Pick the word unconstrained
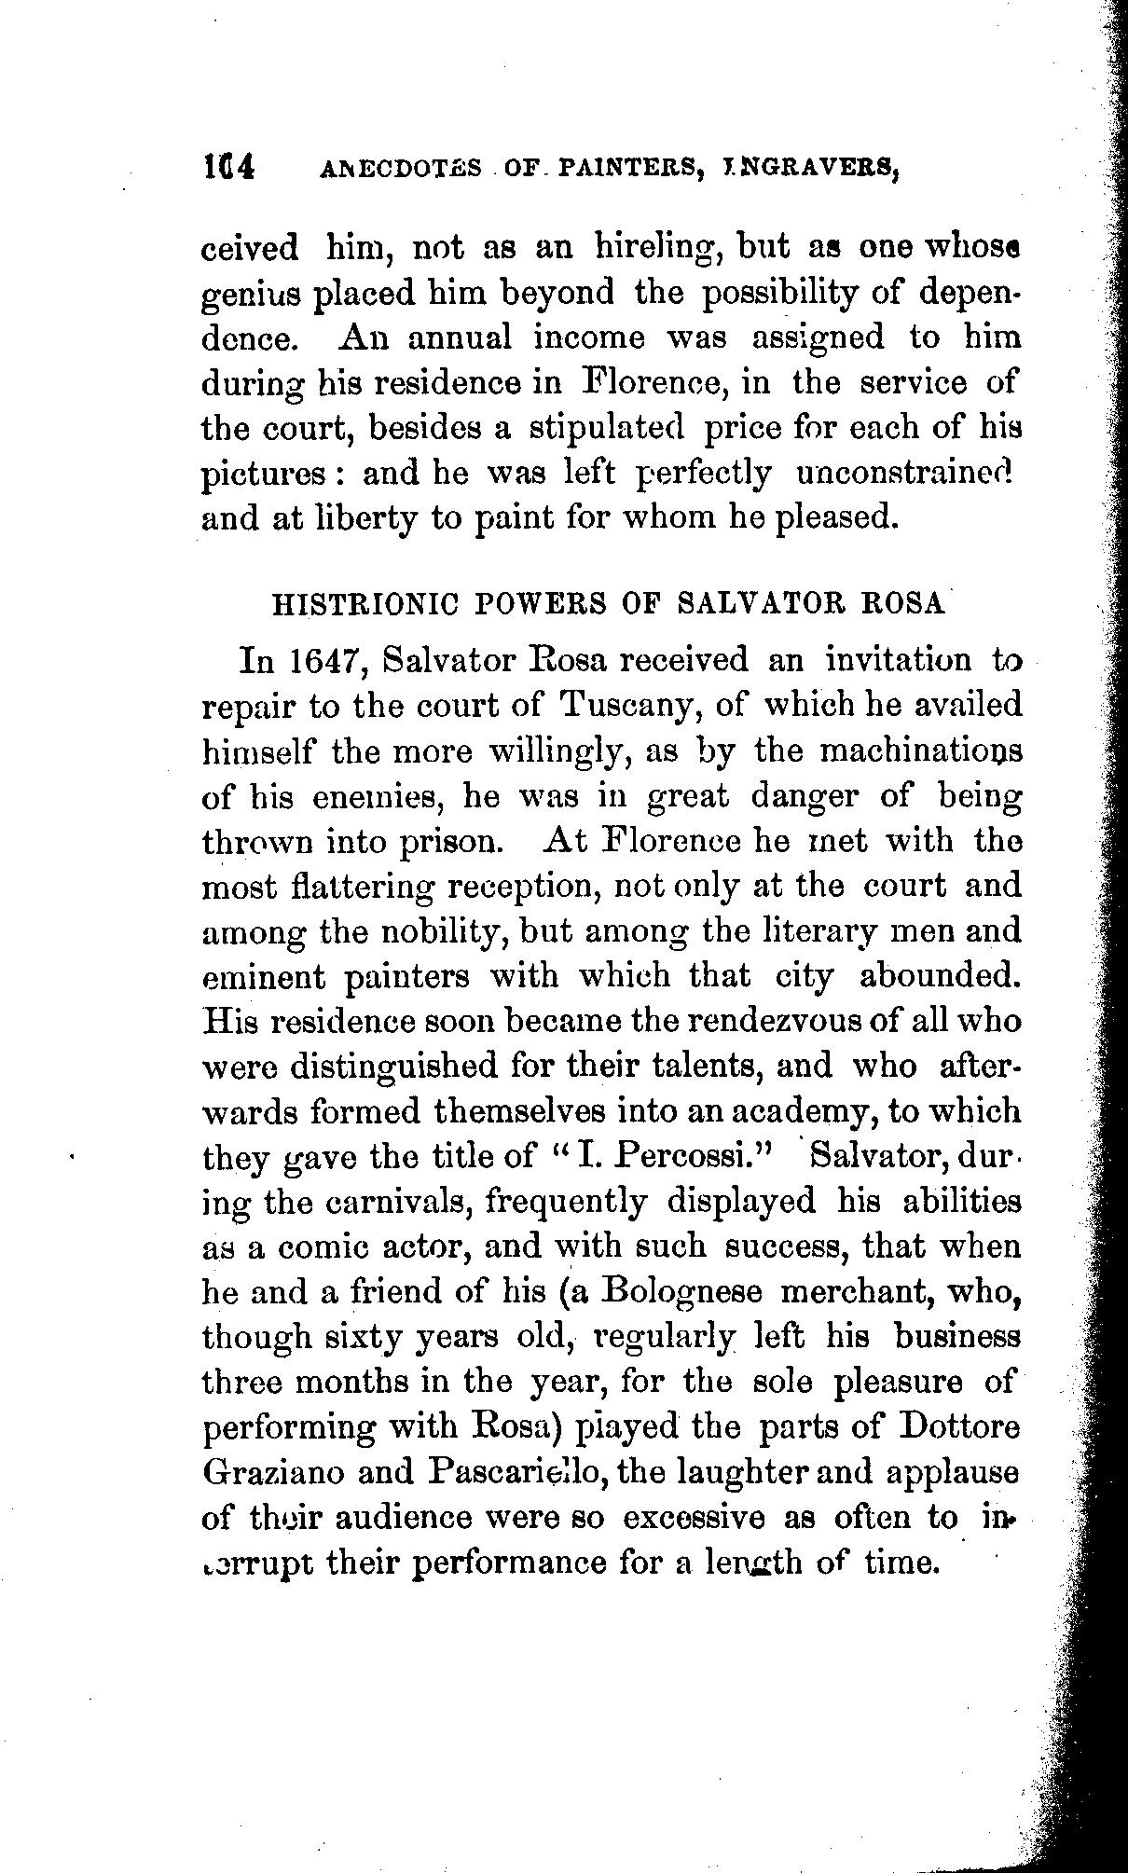pos(903,474)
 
